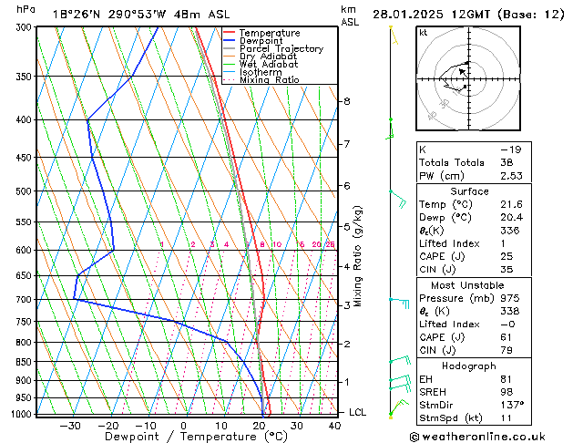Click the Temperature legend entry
pos(269,33)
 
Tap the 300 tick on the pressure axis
pos(24,27)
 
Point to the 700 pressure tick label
pos(24,299)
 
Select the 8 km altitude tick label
pos(346,100)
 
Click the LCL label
pos(358,412)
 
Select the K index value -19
pos(510,149)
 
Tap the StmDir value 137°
pos(512,405)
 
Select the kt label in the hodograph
pos(424,33)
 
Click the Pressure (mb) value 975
pos(510,297)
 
